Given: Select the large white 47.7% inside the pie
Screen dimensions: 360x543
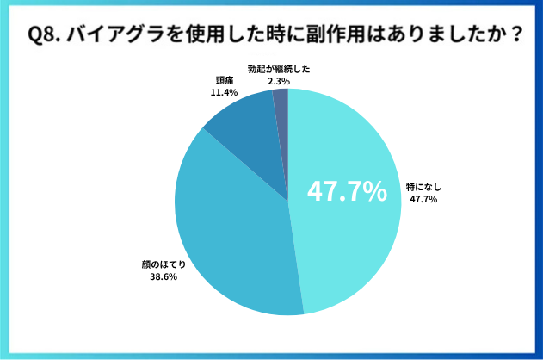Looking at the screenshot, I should click(347, 193).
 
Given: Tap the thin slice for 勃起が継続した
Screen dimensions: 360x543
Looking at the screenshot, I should click(281, 108).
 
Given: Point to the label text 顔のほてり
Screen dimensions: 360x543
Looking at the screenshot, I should click(163, 264).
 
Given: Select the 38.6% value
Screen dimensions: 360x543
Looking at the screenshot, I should click(163, 276).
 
